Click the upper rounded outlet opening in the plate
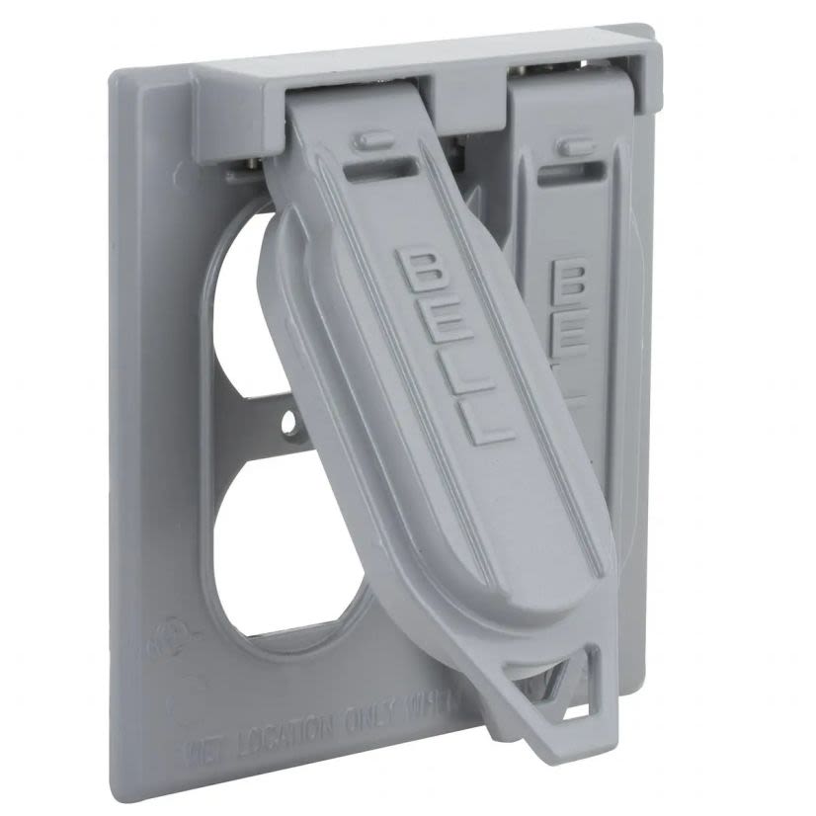238,296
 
